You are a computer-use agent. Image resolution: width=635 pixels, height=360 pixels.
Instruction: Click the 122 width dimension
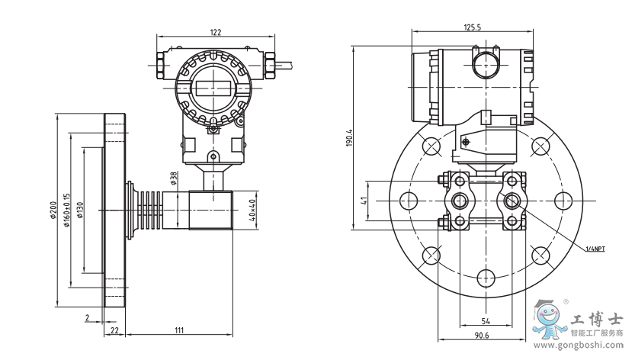216,32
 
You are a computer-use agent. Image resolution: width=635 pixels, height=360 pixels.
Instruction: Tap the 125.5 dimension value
473,27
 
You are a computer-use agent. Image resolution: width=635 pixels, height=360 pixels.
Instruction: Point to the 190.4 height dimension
348,138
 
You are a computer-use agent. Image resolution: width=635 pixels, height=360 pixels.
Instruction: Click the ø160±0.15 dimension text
66,207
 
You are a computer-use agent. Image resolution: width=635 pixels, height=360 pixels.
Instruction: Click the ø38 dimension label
173,178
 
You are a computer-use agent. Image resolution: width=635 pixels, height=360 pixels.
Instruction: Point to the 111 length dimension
178,329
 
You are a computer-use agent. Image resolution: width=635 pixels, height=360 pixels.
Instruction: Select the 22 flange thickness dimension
114,329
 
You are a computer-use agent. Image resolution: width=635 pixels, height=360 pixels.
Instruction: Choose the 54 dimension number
485,321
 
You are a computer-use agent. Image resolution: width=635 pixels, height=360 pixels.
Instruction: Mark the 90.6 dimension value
481,336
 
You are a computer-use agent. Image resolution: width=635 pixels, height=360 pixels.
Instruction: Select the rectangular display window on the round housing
213,86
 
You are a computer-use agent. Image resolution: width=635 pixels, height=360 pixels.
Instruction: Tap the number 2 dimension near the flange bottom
87,317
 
